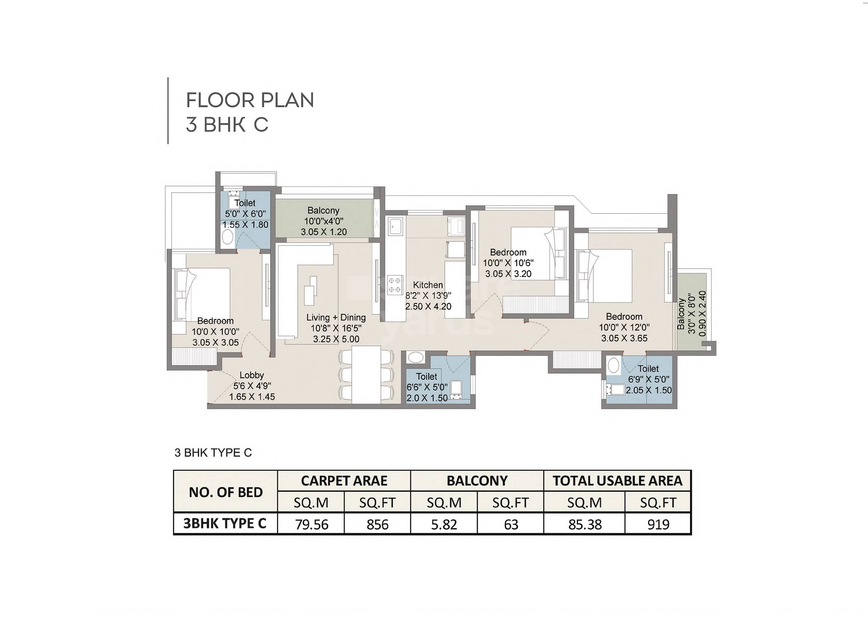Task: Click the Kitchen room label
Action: (x=428, y=285)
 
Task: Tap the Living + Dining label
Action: (x=336, y=317)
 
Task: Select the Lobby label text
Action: (x=252, y=375)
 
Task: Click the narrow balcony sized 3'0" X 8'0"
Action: (x=692, y=313)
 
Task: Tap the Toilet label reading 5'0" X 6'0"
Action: (x=245, y=203)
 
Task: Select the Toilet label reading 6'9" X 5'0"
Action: (x=648, y=368)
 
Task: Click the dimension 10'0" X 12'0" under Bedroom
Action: (x=624, y=327)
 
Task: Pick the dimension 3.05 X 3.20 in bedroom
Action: (x=508, y=274)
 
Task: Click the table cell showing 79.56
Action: (x=311, y=524)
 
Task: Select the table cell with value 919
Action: (x=658, y=524)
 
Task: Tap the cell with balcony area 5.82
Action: (x=444, y=524)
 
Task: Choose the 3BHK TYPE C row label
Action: (x=225, y=523)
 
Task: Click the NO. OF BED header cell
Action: (x=225, y=492)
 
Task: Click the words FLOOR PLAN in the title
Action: (x=250, y=100)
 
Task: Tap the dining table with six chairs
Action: (x=366, y=374)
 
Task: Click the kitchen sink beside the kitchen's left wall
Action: (x=394, y=226)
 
